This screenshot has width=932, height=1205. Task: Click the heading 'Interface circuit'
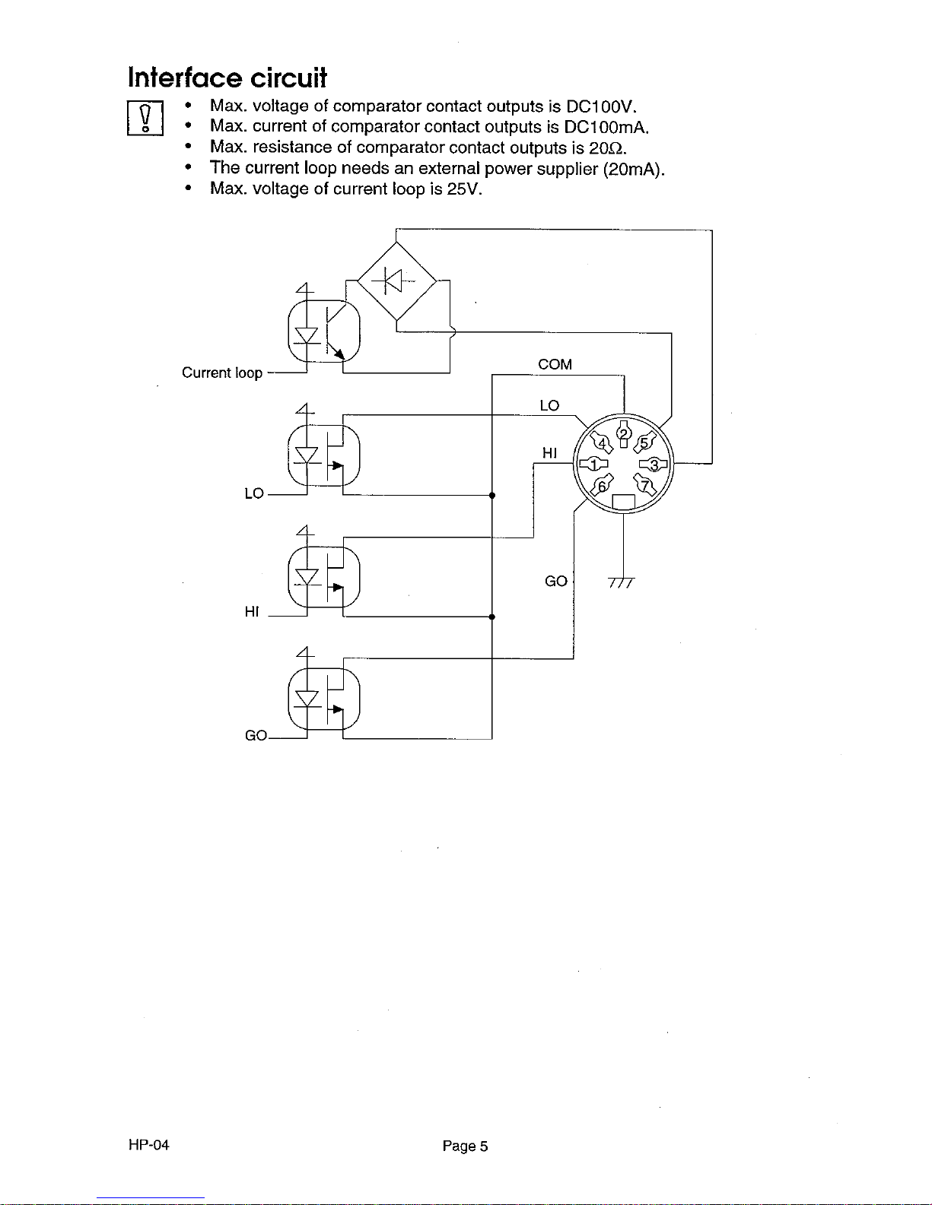click(x=227, y=78)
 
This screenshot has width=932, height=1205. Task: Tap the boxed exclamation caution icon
click(x=145, y=118)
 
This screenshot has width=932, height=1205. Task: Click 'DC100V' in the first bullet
click(x=601, y=106)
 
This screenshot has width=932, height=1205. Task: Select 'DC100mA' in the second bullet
click(x=606, y=127)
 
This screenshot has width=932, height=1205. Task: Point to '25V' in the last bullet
click(x=464, y=189)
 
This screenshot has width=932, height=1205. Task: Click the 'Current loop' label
click(x=222, y=373)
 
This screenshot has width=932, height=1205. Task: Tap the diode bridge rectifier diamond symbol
click(x=396, y=281)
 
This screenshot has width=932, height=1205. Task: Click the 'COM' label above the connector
click(x=555, y=364)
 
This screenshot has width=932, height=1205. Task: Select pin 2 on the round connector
click(x=624, y=433)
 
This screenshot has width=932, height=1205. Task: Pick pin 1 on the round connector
click(x=593, y=464)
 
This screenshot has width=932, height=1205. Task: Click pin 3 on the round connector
click(x=654, y=465)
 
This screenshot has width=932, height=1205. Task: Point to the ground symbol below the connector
click(x=622, y=582)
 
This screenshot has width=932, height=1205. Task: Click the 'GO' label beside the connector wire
click(x=556, y=581)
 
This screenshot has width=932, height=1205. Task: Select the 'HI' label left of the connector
click(x=549, y=453)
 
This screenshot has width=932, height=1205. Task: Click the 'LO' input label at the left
click(x=254, y=493)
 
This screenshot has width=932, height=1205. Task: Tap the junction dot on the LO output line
click(x=492, y=495)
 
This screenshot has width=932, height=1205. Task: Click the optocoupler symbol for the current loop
click(x=324, y=331)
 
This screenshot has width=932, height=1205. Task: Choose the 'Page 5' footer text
click(x=465, y=1146)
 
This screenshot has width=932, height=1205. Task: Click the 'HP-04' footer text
click(x=148, y=1145)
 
